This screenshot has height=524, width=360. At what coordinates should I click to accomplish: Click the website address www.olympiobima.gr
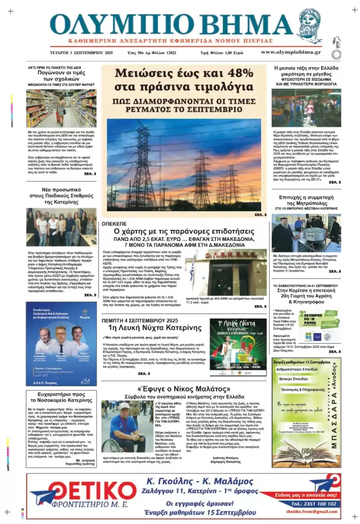(291, 52)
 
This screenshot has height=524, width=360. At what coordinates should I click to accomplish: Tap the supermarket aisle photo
(61, 108)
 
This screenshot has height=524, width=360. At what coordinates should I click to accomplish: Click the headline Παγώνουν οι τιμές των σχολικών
(61, 76)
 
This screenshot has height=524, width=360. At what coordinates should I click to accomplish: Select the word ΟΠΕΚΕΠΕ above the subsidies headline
(114, 223)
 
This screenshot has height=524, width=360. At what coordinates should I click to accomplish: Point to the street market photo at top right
(306, 108)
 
